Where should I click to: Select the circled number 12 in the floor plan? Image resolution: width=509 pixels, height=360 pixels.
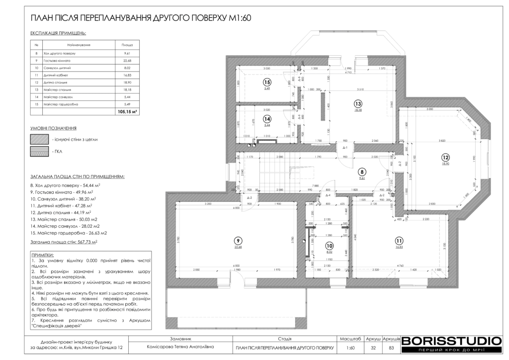pyautogui.click(x=445, y=157)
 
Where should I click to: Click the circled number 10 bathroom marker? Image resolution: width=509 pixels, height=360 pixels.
pyautogui.click(x=329, y=245)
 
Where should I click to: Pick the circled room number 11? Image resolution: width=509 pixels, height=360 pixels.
pyautogui.click(x=399, y=240)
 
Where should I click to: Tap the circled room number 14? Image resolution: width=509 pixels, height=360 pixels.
pyautogui.click(x=267, y=119)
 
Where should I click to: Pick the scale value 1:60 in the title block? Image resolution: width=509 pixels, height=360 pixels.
pyautogui.click(x=350, y=348)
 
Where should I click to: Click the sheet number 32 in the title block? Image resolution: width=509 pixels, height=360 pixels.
pyautogui.click(x=373, y=348)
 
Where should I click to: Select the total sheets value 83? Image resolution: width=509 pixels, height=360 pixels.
pyautogui.click(x=391, y=348)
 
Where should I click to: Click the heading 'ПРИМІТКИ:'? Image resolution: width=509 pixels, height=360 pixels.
pyautogui.click(x=42, y=254)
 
